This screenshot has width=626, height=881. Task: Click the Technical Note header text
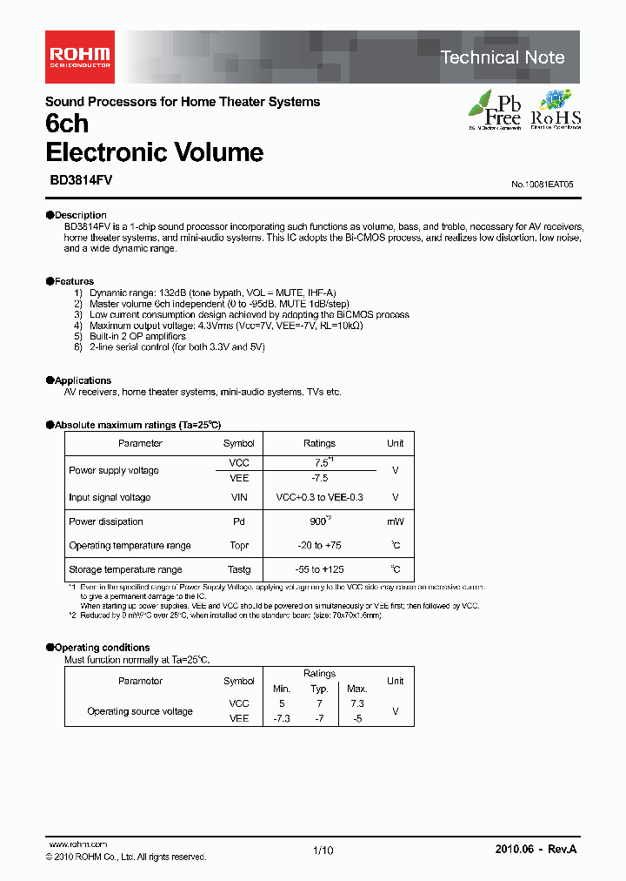click(x=503, y=57)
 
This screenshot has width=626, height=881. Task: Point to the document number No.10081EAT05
click(x=543, y=185)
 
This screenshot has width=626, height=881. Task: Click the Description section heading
click(x=80, y=215)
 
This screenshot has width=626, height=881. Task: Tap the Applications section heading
click(x=83, y=380)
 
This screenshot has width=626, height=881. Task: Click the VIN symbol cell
click(x=239, y=497)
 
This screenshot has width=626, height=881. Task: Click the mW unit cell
click(x=396, y=521)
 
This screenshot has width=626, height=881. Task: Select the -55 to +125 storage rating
click(x=319, y=569)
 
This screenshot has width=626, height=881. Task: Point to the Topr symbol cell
click(x=239, y=546)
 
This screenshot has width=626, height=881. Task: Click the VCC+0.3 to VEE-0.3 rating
click(x=319, y=497)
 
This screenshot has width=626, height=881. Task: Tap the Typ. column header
click(x=320, y=689)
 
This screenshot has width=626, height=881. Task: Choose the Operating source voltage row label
click(x=140, y=711)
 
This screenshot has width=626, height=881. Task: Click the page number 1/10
click(x=322, y=850)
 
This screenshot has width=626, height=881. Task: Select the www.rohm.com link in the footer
click(x=78, y=844)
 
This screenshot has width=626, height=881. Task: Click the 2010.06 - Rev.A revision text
click(x=536, y=849)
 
